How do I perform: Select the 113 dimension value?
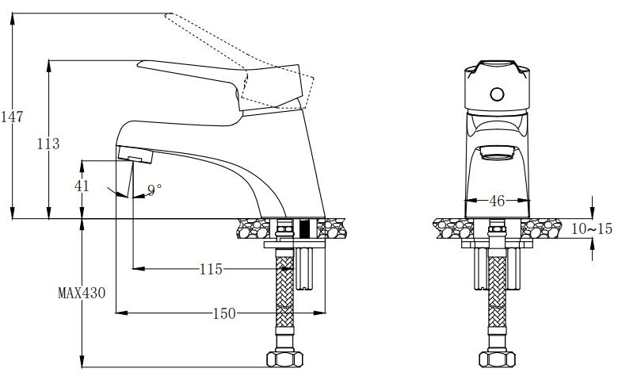(x=48, y=144)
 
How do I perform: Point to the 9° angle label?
(x=154, y=189)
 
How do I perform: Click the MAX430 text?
(x=82, y=292)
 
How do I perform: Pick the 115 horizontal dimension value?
(x=210, y=269)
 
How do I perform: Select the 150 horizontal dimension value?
(x=223, y=313)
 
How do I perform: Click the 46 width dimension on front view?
(x=497, y=201)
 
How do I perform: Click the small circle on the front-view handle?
(x=497, y=95)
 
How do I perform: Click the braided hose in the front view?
(x=497, y=301)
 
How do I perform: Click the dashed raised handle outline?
(x=238, y=48)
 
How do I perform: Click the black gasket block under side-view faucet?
(x=304, y=229)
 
